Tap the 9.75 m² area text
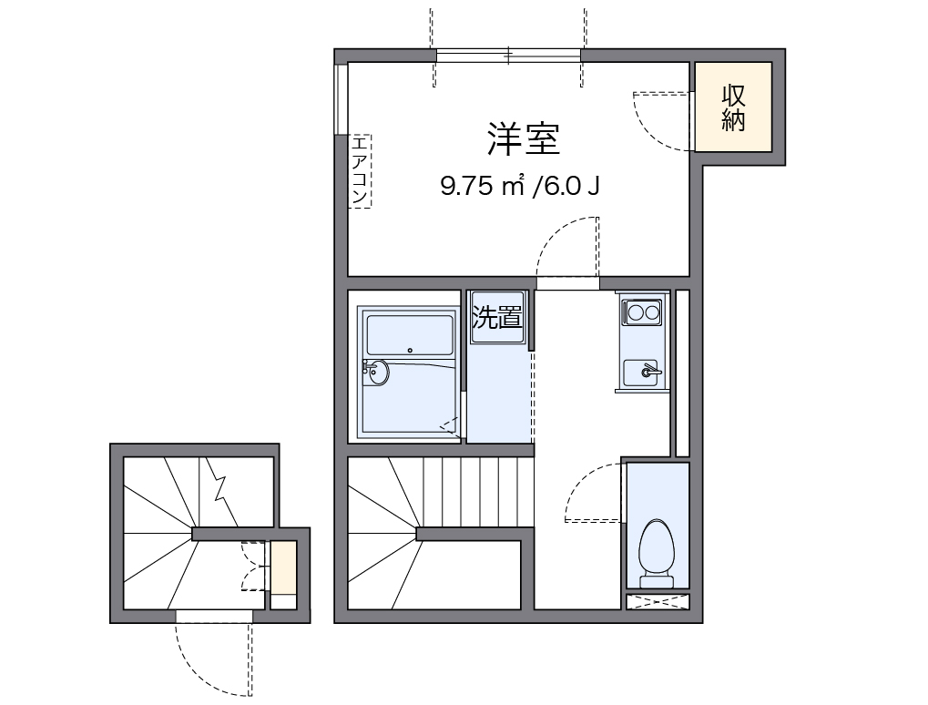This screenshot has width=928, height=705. pos(484,187)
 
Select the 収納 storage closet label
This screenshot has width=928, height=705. pos(734,107)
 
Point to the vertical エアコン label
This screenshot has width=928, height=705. pos(361,170)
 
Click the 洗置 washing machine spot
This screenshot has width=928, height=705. pos(497,318)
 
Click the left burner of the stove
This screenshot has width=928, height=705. pos(636,313)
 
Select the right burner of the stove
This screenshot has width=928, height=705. pos(653,313)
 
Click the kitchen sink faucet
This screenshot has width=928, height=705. pos(649,371)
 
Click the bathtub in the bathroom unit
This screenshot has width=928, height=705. pos(409,336)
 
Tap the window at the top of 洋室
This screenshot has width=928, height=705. pos(508,56)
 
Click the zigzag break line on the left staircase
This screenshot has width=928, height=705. pos(219,483)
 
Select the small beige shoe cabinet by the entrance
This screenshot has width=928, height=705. pos(283,567)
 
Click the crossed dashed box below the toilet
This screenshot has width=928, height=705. pos(658,602)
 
